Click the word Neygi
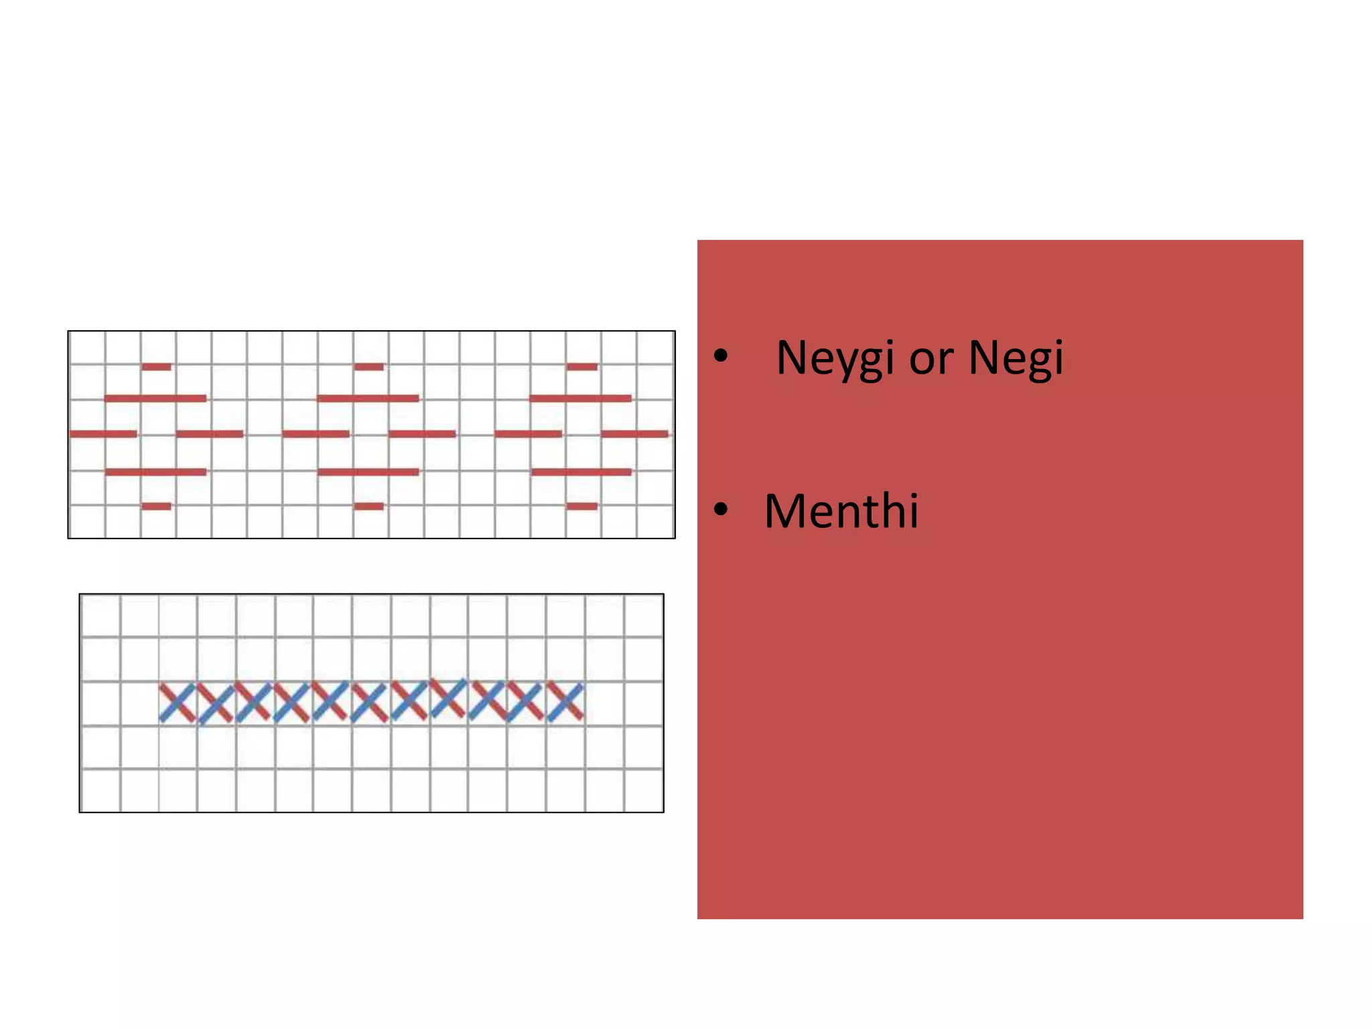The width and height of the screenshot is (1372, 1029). click(x=835, y=358)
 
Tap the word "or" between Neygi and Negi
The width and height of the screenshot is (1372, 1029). click(x=932, y=362)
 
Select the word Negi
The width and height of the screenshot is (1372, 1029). click(x=1016, y=358)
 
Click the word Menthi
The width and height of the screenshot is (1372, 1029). click(x=841, y=510)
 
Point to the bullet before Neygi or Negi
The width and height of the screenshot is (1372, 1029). click(x=721, y=356)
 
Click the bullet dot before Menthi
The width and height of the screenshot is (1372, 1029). click(x=721, y=509)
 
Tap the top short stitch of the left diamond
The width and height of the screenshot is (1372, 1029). click(x=156, y=366)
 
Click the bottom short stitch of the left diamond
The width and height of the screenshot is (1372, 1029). click(x=156, y=506)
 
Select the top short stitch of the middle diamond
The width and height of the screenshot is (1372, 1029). click(x=368, y=366)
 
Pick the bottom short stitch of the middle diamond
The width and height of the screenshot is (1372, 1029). click(x=368, y=506)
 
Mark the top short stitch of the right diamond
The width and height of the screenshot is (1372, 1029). click(x=581, y=366)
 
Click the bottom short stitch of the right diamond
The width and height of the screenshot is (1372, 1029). click(x=581, y=506)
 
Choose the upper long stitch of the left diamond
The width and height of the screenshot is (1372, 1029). click(x=155, y=399)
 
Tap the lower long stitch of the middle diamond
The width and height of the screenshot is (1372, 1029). click(x=368, y=472)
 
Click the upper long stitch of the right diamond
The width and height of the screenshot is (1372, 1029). click(x=581, y=399)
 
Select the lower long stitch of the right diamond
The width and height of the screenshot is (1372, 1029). click(x=581, y=472)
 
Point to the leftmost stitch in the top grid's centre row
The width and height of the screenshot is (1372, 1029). click(x=103, y=434)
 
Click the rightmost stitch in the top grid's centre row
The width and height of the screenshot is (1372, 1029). click(x=634, y=434)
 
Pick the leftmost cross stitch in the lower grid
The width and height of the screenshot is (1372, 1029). click(x=178, y=703)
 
